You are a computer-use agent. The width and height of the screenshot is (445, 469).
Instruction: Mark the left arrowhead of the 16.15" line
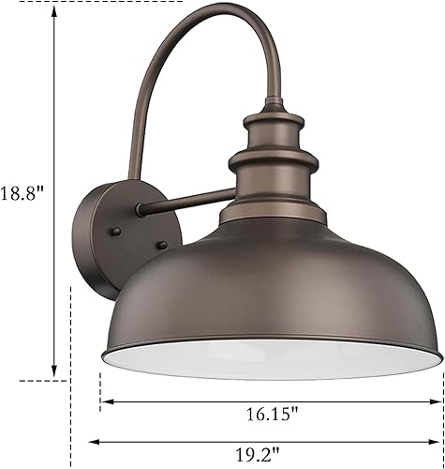pos(105,401)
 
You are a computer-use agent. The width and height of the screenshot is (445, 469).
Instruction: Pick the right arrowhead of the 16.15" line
pos(438,401)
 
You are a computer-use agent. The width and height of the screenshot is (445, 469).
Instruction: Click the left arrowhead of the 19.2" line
pos(92,442)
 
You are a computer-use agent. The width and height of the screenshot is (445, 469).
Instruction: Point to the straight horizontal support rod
pos(183,199)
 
